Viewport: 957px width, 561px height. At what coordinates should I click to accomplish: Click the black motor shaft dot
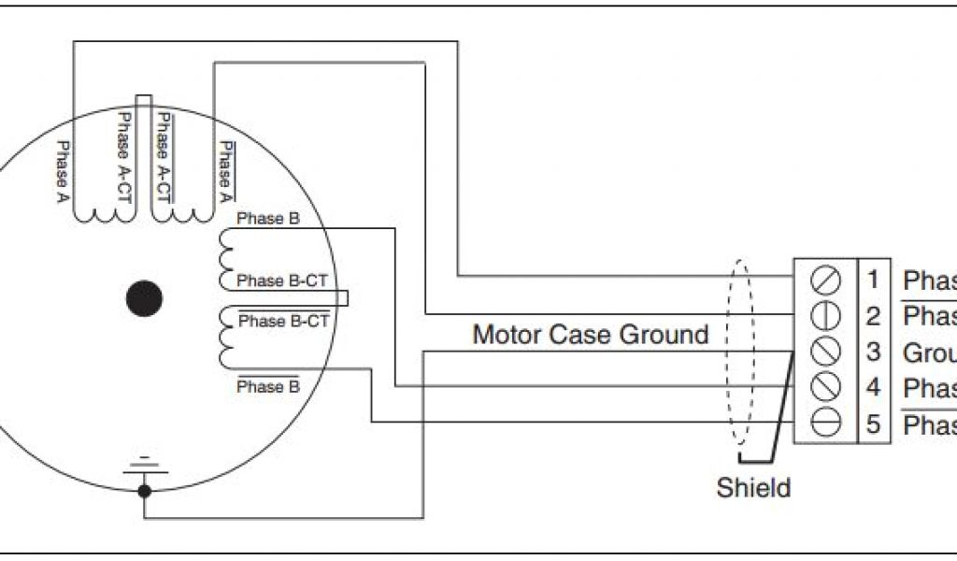point(144,298)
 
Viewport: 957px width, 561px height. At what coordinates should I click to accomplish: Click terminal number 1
point(873,280)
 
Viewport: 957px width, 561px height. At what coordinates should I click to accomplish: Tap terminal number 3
point(873,352)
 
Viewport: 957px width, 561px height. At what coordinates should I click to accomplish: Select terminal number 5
point(873,424)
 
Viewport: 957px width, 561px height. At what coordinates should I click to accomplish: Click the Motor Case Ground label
point(591,334)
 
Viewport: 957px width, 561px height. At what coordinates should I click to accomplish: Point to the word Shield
point(753,487)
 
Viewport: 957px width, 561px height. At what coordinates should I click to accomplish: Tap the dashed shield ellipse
point(740,352)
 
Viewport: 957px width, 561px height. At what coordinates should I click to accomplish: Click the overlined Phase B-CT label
point(284,321)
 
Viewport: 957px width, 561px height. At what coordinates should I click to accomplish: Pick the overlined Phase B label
point(268,386)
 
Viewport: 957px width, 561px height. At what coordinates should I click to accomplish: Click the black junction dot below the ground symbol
point(143,489)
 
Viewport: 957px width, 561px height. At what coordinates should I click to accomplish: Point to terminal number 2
point(873,316)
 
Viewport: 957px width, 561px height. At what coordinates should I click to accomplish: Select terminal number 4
point(873,388)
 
